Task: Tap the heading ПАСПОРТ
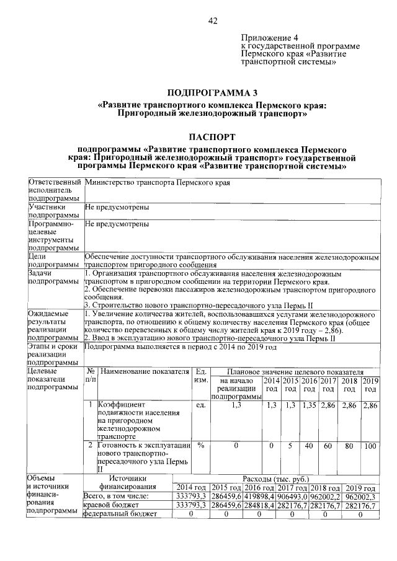click(212, 136)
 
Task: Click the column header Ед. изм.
click(200, 376)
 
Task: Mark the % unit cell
click(200, 445)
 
